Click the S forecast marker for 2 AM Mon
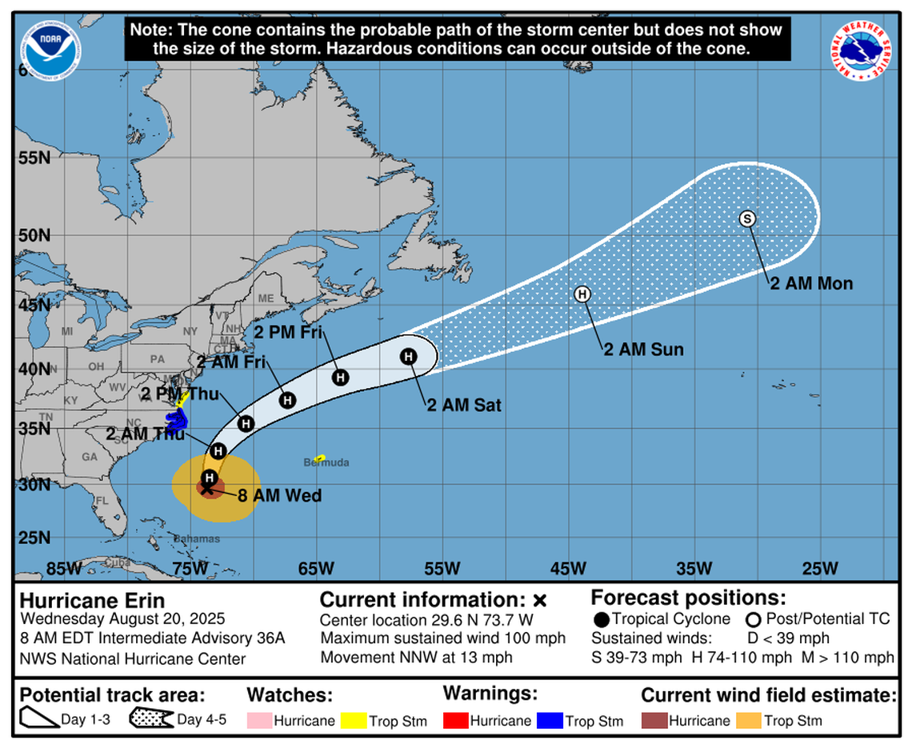tap(747, 218)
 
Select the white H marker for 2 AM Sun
tap(582, 294)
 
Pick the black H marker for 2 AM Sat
tap(408, 357)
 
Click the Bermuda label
tap(326, 463)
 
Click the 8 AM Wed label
tap(279, 496)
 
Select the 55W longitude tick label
tap(442, 569)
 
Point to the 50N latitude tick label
tap(34, 237)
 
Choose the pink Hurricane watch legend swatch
tap(259, 721)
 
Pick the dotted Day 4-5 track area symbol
tap(151, 719)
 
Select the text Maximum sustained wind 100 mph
tap(442, 638)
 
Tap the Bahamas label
tap(197, 539)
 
